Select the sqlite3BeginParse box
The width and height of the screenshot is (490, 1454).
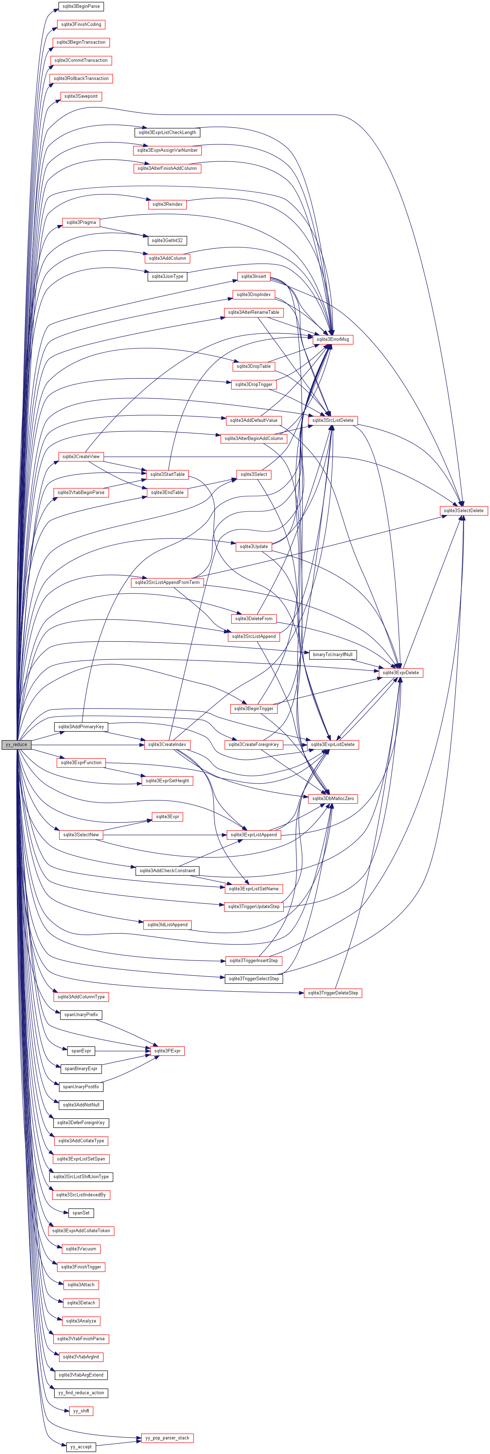[x=81, y=6]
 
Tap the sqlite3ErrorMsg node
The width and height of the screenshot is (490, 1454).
[x=333, y=339]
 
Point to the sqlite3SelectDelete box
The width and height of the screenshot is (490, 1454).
[x=463, y=511]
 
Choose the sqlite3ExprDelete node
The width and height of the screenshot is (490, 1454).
[x=400, y=673]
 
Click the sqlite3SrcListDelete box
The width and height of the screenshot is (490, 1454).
[x=333, y=420]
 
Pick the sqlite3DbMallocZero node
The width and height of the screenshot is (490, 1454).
[x=333, y=799]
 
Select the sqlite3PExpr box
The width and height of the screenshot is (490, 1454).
[x=167, y=1051]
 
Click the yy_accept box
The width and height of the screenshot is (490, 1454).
[x=81, y=1447]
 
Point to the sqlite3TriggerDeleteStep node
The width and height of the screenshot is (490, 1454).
[x=333, y=993]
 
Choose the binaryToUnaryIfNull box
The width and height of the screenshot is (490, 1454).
[x=333, y=655]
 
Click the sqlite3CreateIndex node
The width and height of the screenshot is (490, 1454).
[x=167, y=745]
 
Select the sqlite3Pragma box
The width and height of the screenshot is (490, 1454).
[x=81, y=222]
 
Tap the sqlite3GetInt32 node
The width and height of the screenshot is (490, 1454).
[x=167, y=241]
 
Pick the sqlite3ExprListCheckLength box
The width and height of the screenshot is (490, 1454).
[x=167, y=133]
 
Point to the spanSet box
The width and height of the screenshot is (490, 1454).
[x=81, y=1213]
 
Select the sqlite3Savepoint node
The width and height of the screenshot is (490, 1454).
[x=81, y=97]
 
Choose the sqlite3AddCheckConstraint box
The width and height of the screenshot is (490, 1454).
[x=167, y=871]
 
